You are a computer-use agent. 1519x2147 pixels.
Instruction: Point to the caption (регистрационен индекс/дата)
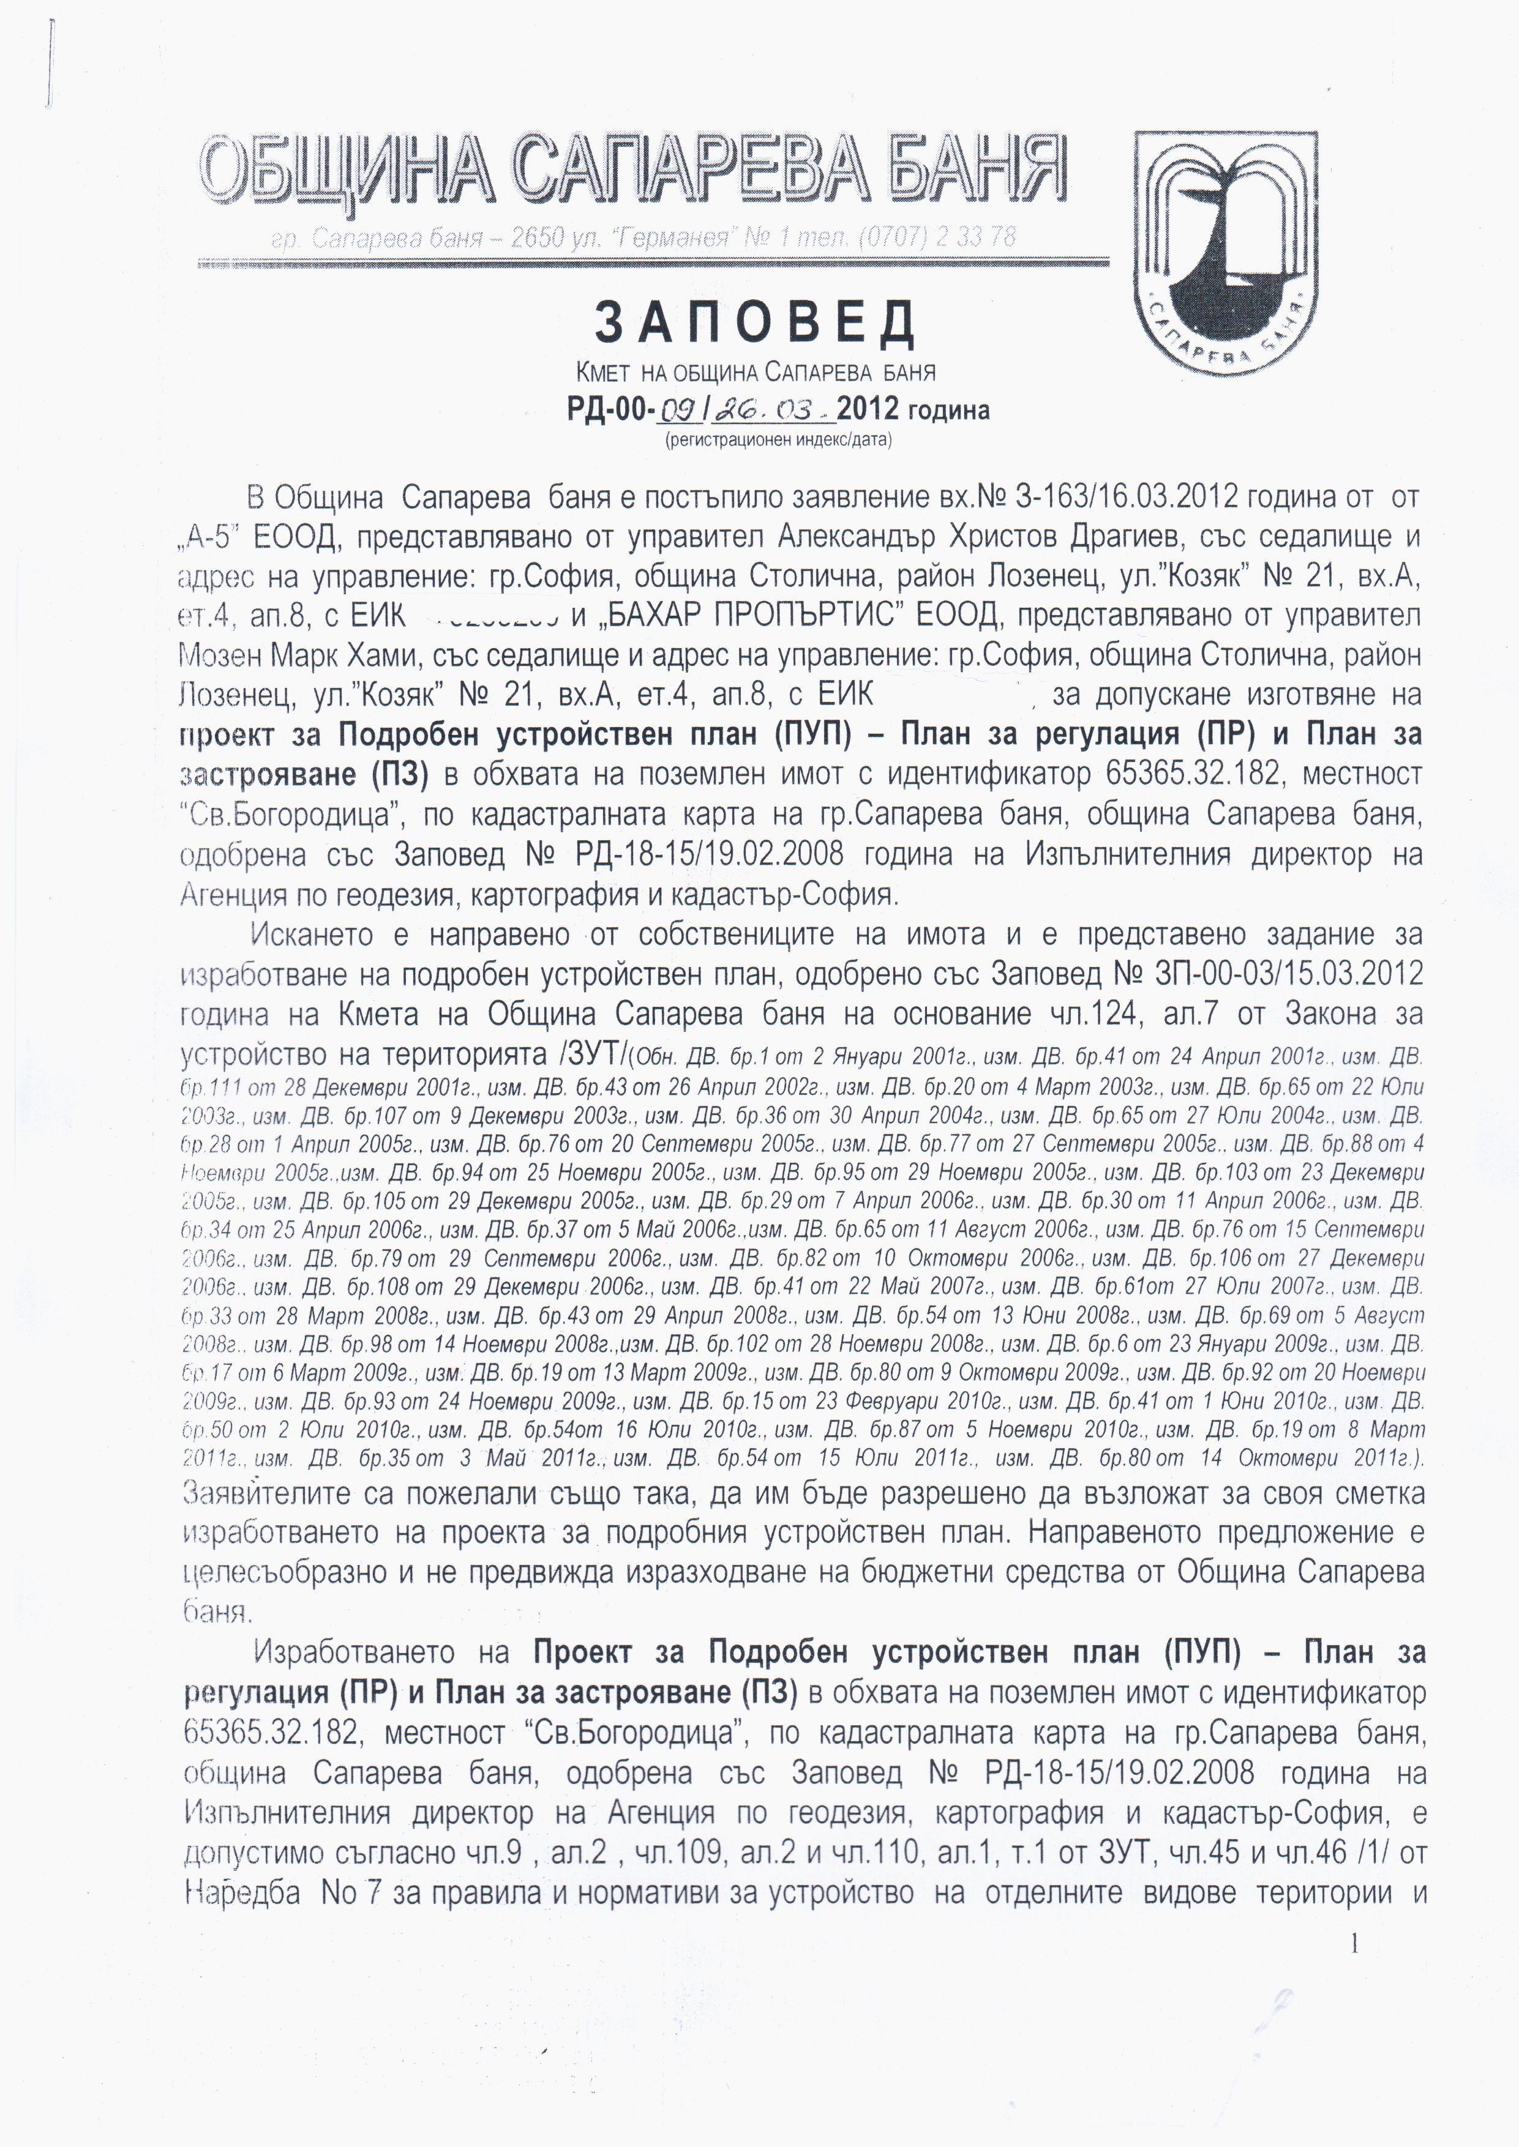[778, 439]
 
